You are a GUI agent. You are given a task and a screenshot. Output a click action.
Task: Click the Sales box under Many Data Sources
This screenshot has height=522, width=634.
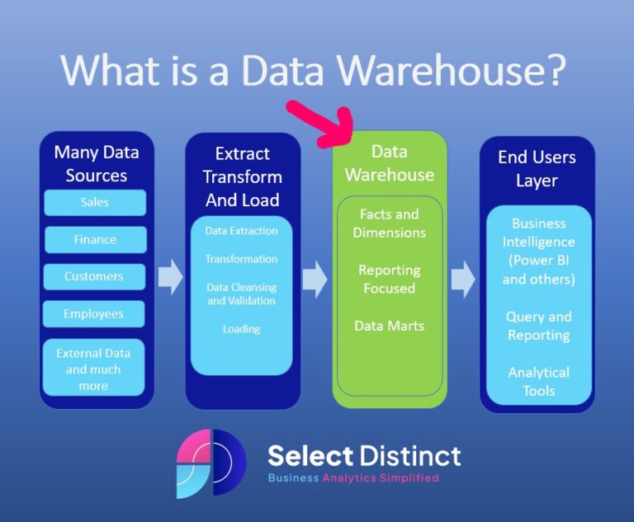point(94,202)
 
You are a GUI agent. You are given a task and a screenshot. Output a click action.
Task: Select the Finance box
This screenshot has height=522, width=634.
point(94,239)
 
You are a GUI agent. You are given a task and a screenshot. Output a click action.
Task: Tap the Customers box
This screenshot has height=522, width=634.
point(94,276)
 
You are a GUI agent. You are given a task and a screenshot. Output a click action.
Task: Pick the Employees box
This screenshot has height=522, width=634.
point(94,313)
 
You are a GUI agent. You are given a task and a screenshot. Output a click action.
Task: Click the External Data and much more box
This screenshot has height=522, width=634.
point(93,369)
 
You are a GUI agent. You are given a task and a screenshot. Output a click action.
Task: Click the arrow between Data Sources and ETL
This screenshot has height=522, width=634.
point(170,276)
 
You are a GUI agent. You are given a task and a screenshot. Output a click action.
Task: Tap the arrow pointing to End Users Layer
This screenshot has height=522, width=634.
point(462,279)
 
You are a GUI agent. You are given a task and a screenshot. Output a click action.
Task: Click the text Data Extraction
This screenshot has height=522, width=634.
point(241,231)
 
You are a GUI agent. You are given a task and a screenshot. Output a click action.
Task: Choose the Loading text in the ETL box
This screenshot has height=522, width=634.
point(241,329)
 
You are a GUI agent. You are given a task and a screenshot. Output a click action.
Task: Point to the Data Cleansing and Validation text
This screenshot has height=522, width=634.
point(241,294)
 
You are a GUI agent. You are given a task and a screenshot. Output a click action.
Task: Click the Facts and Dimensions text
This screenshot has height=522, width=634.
point(389,223)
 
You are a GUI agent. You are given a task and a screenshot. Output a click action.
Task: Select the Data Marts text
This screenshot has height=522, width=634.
point(389,326)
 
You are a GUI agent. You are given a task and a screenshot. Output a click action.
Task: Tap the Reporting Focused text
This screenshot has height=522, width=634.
point(389,279)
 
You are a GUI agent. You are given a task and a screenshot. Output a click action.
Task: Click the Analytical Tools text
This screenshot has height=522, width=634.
point(538,382)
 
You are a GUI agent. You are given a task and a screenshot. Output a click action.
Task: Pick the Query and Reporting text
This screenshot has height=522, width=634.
point(538,326)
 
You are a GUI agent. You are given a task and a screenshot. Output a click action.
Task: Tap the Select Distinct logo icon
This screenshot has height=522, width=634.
point(211,463)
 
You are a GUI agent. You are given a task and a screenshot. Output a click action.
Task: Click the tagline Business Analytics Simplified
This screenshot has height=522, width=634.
point(353,478)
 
